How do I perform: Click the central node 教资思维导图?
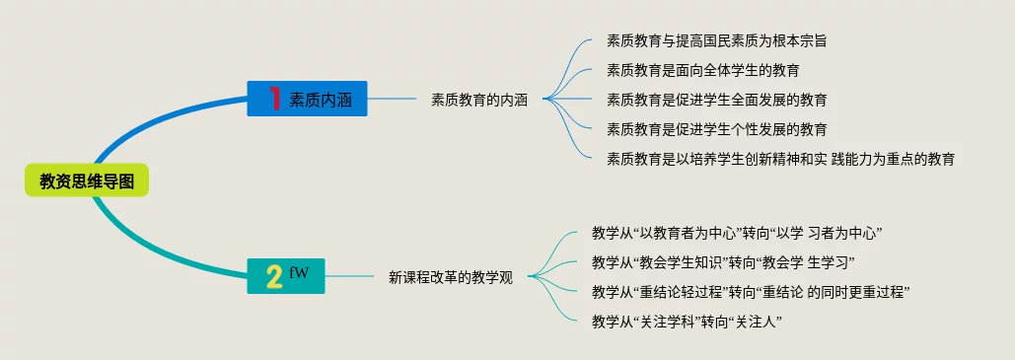[87, 180]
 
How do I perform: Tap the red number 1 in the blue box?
[274, 99]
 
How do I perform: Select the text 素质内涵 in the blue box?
[320, 100]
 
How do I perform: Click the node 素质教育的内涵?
[479, 101]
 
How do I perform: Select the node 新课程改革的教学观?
[451, 278]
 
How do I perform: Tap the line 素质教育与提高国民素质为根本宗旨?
[716, 40]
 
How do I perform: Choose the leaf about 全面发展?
[716, 100]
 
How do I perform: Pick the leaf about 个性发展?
[716, 129]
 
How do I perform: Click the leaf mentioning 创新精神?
[780, 159]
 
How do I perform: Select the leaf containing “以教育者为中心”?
[738, 233]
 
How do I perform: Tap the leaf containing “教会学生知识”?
[724, 262]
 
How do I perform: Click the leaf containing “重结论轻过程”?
[751, 291]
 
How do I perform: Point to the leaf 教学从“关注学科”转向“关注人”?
[688, 322]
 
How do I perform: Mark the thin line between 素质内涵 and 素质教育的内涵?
[392, 99]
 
